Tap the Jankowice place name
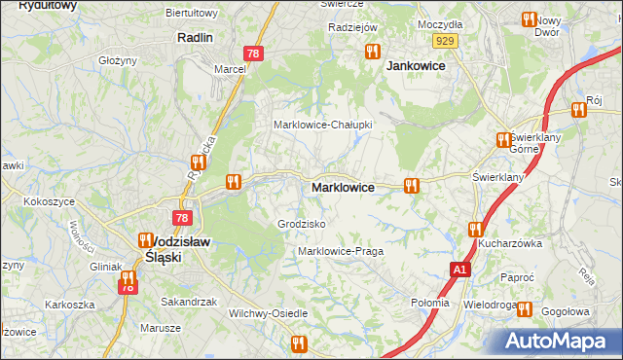tap(416, 66)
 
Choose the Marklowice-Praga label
tap(341, 251)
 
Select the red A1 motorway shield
tap(459, 268)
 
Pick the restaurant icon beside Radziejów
tap(372, 51)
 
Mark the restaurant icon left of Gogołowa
tap(524, 310)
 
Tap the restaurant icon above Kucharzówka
tap(475, 230)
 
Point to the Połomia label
tap(430, 303)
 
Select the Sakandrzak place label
tap(189, 302)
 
